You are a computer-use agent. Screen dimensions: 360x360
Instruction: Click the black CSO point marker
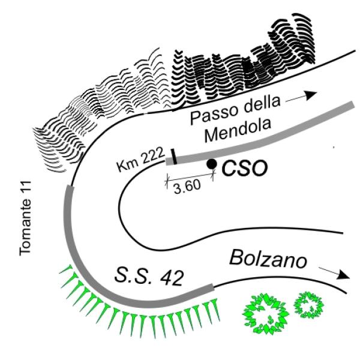[x=211, y=164]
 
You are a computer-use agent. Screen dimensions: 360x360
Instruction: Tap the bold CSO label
[x=245, y=168]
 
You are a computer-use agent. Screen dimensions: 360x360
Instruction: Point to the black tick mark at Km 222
[x=173, y=157]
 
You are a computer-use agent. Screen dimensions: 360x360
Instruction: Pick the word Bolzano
[x=268, y=259]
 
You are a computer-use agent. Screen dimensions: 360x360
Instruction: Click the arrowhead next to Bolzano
[x=343, y=275]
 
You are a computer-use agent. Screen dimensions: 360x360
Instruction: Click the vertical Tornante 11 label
[x=25, y=218]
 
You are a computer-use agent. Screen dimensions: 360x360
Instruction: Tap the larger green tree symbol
[x=266, y=314]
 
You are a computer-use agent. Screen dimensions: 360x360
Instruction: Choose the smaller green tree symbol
[x=309, y=305]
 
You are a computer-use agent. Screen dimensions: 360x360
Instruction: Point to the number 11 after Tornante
[x=25, y=187]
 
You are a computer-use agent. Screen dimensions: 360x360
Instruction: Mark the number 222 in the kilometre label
[x=152, y=155]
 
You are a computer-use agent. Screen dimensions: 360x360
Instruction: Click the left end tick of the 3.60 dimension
[x=167, y=181]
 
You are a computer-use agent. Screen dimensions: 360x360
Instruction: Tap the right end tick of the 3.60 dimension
[x=214, y=175]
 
